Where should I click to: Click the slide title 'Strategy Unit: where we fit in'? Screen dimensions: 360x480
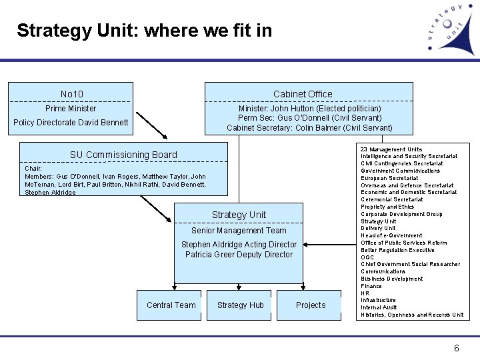click(144, 31)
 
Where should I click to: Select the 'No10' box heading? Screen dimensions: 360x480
click(71, 94)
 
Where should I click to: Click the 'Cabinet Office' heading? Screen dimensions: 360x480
click(302, 94)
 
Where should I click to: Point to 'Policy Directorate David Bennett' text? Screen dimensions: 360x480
click(71, 123)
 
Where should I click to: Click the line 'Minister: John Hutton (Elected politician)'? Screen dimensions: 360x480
click(309, 109)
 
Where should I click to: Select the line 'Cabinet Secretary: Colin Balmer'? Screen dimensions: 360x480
click(309, 127)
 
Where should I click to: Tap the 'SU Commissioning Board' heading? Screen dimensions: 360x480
click(123, 155)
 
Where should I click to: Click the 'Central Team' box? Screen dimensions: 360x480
click(171, 305)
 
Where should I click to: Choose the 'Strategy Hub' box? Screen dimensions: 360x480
click(240, 305)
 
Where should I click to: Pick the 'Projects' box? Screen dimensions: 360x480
click(311, 305)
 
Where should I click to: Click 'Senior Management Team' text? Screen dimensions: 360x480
click(239, 231)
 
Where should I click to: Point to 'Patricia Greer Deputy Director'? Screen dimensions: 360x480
click(239, 255)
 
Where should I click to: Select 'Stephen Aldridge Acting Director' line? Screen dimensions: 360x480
click(239, 245)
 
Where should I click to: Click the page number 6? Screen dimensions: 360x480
click(456, 348)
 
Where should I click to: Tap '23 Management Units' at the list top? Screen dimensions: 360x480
click(391, 149)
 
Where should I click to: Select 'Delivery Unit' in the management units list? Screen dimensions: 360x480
click(378, 229)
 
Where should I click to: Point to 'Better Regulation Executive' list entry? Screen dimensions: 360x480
click(397, 250)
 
